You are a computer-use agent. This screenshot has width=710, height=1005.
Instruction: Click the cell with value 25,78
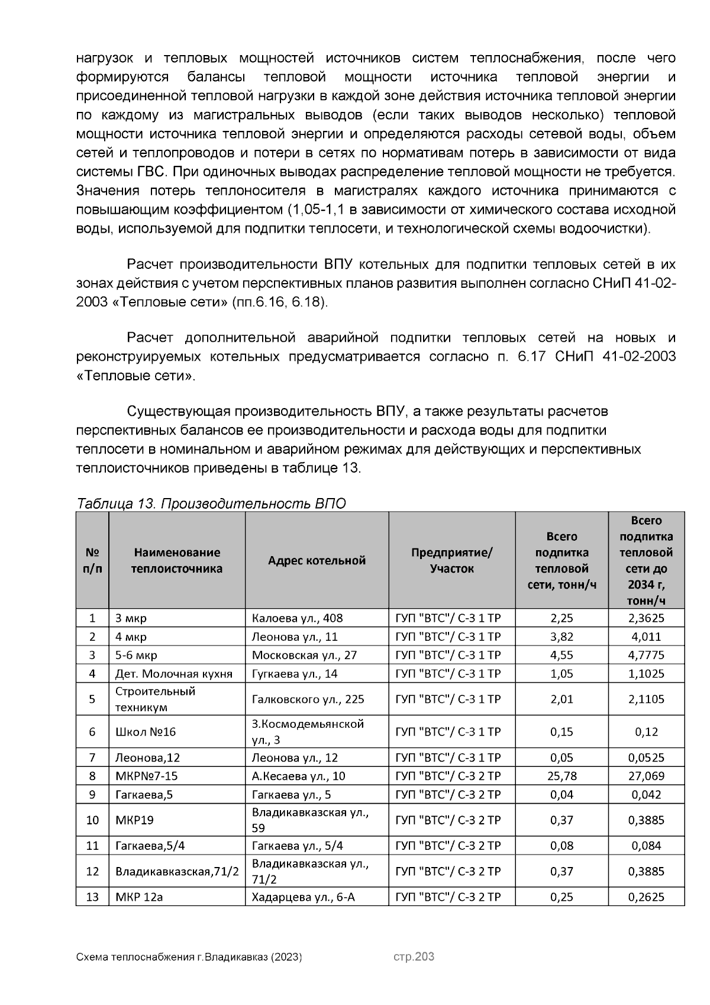(561, 776)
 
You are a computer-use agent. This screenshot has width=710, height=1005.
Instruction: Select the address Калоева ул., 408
(297, 618)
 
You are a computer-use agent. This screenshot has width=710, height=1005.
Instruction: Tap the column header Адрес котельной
(317, 560)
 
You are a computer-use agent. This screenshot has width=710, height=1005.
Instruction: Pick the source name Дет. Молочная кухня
(173, 673)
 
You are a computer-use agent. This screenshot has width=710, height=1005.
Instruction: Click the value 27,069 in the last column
(646, 776)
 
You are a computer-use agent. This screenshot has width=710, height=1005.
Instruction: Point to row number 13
(92, 897)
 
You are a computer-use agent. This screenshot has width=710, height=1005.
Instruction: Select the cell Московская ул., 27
(304, 655)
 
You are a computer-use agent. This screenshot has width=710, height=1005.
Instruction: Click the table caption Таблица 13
(211, 503)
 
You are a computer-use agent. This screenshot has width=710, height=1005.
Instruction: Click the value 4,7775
(646, 655)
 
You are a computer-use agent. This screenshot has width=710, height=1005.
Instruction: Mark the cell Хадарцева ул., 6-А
(303, 897)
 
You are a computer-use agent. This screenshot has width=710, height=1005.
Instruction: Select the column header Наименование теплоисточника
(177, 560)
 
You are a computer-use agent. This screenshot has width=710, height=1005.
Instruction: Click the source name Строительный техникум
(155, 699)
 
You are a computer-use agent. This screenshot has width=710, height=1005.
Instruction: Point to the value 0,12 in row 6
(646, 732)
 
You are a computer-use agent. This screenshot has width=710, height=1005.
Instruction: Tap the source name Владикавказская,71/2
(177, 871)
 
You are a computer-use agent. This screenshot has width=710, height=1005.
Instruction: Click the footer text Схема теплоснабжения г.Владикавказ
(189, 957)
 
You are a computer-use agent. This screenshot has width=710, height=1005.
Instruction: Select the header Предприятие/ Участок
(451, 560)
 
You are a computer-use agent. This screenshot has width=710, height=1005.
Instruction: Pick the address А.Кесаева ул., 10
(298, 776)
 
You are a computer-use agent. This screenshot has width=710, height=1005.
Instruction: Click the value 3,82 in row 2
(561, 637)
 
